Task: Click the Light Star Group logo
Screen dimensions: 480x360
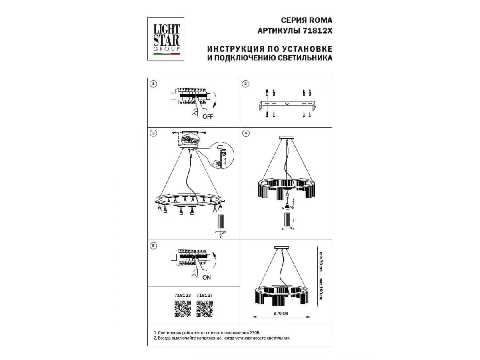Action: click(166, 39)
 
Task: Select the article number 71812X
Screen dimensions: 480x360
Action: click(317, 31)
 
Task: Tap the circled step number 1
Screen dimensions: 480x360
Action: click(153, 84)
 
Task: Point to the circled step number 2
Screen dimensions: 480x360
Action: click(246, 84)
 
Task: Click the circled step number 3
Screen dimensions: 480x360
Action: click(153, 133)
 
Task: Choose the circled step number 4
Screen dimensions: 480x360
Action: click(246, 133)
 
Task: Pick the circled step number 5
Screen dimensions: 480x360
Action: click(153, 246)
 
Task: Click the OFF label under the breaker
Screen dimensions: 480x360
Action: click(208, 117)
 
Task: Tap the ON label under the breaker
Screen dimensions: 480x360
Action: click(206, 277)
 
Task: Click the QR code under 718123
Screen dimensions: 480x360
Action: click(182, 309)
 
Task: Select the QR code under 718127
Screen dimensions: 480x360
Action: click(205, 309)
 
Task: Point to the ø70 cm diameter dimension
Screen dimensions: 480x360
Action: click(281, 314)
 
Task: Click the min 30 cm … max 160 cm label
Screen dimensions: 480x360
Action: click(320, 276)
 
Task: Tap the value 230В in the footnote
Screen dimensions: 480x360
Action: click(254, 333)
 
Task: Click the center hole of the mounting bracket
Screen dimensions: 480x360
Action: click(287, 104)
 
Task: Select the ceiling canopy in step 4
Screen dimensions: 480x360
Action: click(286, 138)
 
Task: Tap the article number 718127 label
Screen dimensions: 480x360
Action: click(204, 295)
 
